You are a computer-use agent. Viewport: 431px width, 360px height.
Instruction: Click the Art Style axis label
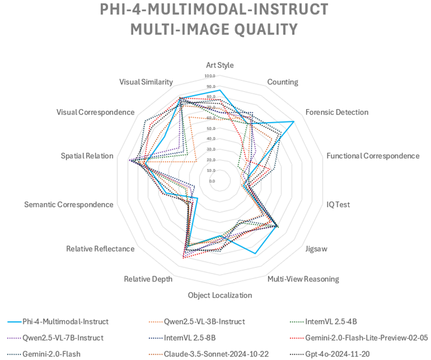point(220,65)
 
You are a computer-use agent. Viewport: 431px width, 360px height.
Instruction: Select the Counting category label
point(282,82)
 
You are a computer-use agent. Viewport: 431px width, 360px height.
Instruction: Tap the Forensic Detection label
point(337,112)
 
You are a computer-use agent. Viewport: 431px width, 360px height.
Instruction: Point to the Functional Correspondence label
point(373,156)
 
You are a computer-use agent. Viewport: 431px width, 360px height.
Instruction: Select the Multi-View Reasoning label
point(303,279)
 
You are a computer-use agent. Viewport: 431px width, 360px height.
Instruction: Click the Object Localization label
point(220,295)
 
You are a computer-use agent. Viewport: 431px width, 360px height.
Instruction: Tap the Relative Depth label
point(148,279)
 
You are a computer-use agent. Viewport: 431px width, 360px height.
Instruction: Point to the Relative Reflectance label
point(100,249)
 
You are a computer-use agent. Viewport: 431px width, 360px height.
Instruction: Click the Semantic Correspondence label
point(69,204)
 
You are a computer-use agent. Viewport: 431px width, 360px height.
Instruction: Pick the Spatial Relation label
point(87,156)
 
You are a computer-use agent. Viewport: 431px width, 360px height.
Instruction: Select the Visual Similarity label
point(146,82)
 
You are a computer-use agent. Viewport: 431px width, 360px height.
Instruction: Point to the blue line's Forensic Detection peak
point(294,121)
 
